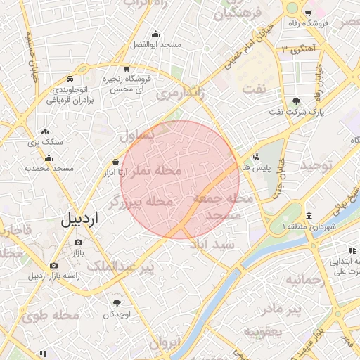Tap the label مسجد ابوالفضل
[155, 44]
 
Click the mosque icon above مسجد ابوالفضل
[155, 33]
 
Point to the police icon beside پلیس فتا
[255, 157]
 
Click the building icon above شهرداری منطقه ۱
[310, 216]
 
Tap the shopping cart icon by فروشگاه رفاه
[308, 13]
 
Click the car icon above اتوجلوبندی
[71, 80]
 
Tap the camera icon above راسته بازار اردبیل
[54, 265]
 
